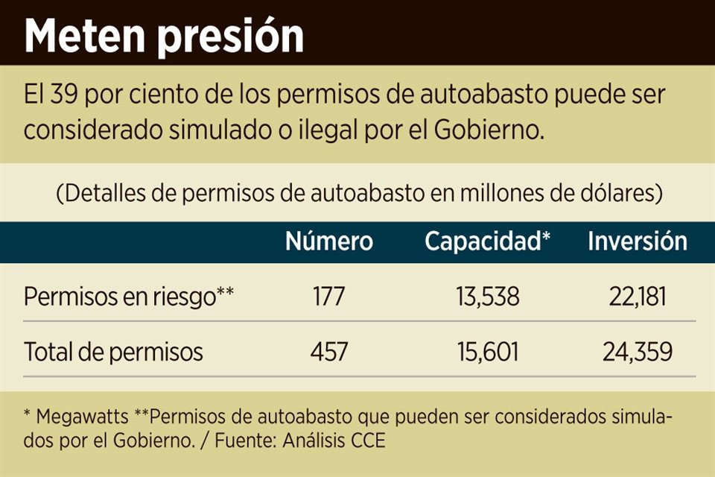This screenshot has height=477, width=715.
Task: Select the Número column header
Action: [329, 241]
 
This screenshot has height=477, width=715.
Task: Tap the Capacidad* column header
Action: [487, 242]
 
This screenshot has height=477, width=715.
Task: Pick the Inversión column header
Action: [637, 241]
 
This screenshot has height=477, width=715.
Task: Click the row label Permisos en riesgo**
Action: [129, 297]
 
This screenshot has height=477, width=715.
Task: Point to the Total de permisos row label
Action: [113, 351]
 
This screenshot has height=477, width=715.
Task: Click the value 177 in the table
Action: [328, 297]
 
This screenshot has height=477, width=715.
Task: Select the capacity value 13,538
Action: [487, 297]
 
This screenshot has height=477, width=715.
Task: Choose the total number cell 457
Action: [328, 351]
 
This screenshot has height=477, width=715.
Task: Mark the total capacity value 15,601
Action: [487, 351]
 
